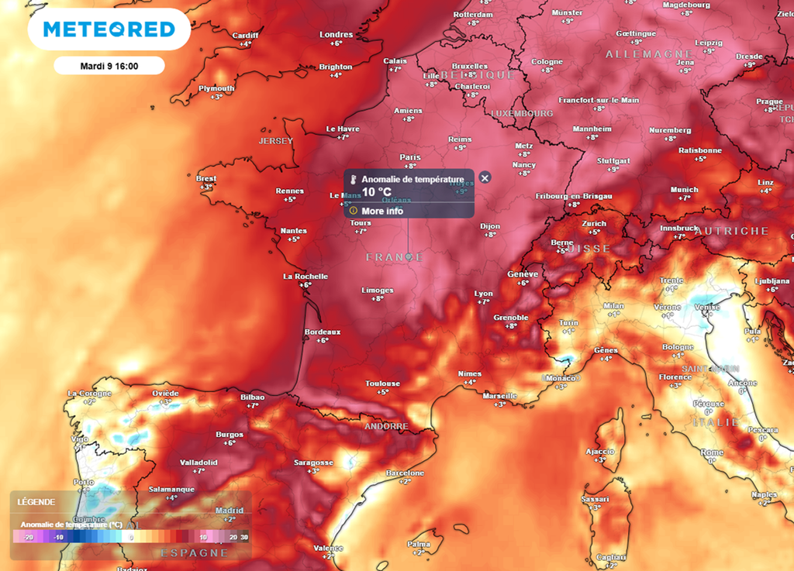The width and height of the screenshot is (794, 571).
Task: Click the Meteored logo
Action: [109, 29]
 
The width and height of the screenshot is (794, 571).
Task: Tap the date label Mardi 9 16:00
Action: [109, 66]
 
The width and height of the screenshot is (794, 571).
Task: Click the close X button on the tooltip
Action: [485, 177]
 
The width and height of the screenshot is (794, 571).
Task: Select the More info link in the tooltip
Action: [382, 211]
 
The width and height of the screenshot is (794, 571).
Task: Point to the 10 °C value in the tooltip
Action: [377, 192]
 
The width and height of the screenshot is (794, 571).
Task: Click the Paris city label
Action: [410, 157]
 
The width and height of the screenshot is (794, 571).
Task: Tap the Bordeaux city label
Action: [322, 332]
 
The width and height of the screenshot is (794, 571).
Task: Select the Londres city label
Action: [336, 35]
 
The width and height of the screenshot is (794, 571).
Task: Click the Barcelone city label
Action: [405, 473]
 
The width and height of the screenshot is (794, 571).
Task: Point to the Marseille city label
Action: [499, 396]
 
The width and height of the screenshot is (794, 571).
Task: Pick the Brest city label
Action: [206, 179]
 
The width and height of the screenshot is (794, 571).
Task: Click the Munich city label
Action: [684, 190]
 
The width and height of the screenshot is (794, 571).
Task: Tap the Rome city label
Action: [712, 452]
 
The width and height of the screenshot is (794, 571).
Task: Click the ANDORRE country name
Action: [386, 427]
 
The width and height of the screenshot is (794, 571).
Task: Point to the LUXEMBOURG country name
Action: [522, 113]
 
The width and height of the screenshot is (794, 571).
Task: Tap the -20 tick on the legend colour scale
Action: [27, 536]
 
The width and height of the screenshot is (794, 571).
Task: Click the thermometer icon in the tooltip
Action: [354, 179]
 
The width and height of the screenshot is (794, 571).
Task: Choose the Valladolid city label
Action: [198, 462]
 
